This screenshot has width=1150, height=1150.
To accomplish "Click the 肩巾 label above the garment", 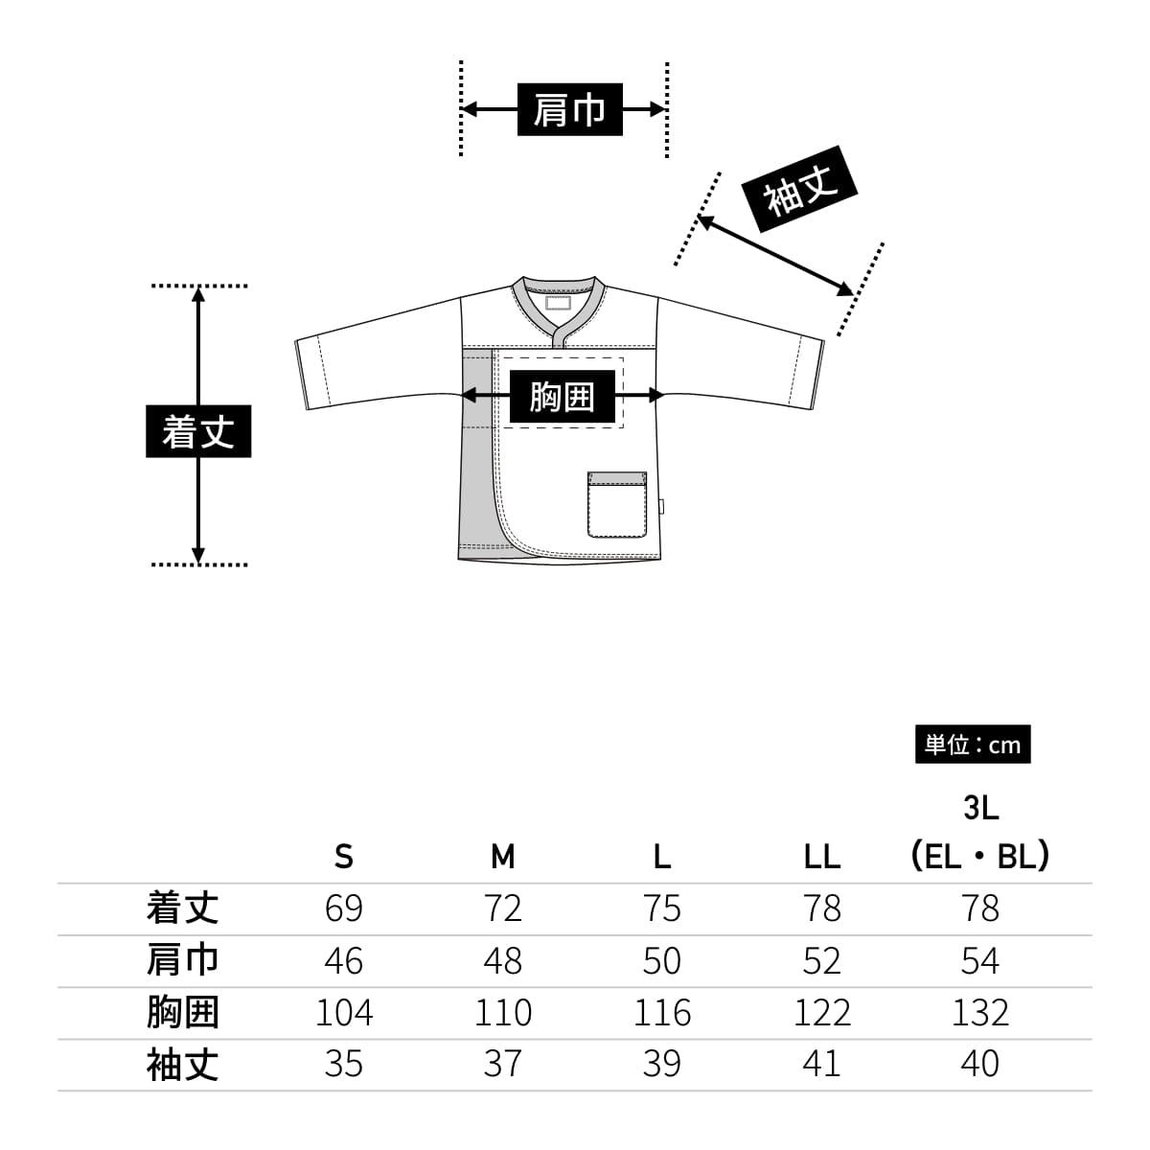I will pos(569,109).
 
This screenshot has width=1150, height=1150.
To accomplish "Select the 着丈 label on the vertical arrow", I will pos(198,431).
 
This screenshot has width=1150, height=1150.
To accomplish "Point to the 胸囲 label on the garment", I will pos(562,395).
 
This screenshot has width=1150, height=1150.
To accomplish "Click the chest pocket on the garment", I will pos(617,505).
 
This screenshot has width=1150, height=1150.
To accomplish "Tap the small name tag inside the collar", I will pos(558,304).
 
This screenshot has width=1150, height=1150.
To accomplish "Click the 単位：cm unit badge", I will pos(973,745).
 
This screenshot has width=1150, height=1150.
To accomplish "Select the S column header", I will pos(344,856).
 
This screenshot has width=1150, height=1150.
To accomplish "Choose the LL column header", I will pos(821,856).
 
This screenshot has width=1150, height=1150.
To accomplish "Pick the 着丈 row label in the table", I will pos(182,908).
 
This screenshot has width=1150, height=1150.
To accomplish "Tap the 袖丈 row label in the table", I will pos(182,1064).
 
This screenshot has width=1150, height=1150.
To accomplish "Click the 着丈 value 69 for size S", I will pos(344,908).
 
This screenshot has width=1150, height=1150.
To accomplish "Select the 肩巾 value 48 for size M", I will pos(503,960).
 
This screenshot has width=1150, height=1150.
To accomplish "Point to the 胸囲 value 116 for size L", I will pos(662,1012).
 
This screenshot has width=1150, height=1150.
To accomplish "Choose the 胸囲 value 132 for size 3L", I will pos(980,1012).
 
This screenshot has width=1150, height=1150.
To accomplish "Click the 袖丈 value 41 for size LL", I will pos(821,1064).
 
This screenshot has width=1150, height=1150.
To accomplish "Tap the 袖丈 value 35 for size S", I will pos(344,1064).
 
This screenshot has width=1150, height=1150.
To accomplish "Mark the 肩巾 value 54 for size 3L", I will pos(980,960).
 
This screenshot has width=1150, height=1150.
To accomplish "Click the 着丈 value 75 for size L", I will pos(662,908).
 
